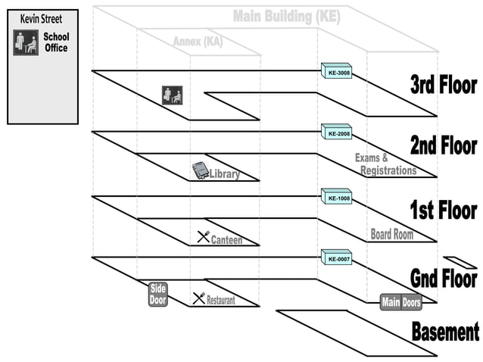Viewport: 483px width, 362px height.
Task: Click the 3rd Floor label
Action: (443, 85)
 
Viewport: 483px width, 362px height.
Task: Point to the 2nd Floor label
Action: (443, 145)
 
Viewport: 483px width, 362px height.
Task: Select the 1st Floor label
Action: (443, 210)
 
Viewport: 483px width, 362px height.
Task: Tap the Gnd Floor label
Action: (443, 278)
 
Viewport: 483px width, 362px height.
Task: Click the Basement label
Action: (444, 332)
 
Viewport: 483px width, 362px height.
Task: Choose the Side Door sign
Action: (157, 294)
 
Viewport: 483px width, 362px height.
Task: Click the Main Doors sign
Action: (400, 302)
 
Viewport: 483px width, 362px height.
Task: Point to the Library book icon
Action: (200, 170)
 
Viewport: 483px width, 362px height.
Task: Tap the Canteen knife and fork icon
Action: (203, 236)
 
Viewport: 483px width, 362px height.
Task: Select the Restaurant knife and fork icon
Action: (198, 298)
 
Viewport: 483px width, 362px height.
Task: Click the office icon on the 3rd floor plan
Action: (172, 95)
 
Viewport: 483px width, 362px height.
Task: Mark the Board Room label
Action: (391, 234)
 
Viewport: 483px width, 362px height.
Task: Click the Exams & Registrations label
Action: (385, 164)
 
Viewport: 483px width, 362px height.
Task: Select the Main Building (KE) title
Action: (286, 16)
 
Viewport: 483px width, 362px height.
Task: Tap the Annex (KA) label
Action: (198, 41)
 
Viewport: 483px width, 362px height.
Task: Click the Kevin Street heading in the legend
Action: (42, 18)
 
